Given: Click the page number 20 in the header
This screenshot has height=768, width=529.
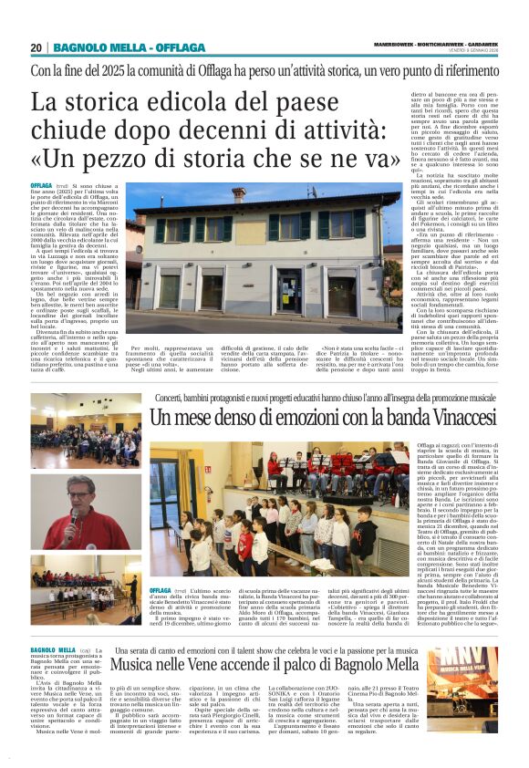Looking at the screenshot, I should tap(36, 47).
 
